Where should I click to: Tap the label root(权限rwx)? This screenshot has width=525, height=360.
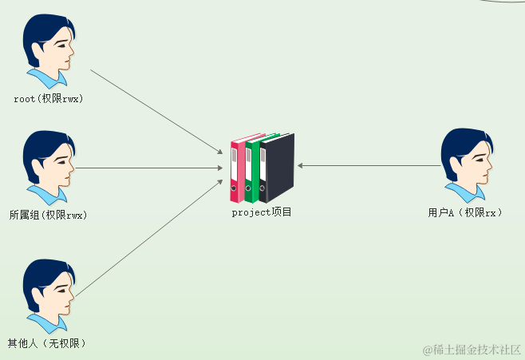coord(49,100)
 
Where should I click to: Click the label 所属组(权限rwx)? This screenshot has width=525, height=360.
coord(48,215)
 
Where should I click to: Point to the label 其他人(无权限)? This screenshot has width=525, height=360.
coord(46,343)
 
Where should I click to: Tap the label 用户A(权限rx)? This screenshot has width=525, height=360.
coord(465,213)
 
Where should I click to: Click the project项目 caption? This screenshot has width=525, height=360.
coord(262,212)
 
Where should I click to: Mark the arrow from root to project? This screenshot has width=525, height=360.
coord(156,111)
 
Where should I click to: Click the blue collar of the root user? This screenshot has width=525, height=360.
coord(44,78)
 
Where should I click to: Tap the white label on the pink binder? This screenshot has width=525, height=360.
coord(235,168)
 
